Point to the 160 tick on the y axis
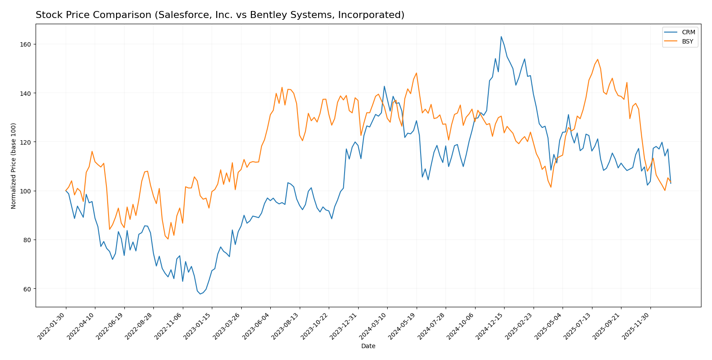click(x=26, y=44)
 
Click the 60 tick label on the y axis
click(x=28, y=289)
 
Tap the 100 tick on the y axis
click(x=26, y=191)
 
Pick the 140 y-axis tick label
click(x=26, y=93)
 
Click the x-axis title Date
click(x=368, y=346)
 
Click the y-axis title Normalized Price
click(x=14, y=166)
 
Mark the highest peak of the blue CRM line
click(x=501, y=36)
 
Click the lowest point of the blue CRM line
click(x=200, y=294)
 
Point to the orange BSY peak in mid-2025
click(x=597, y=59)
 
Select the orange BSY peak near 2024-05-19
click(x=416, y=73)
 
